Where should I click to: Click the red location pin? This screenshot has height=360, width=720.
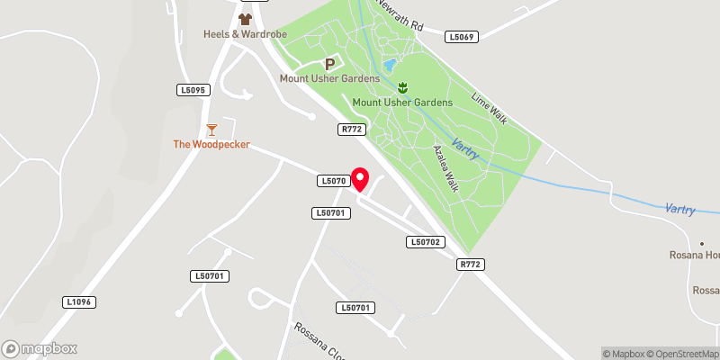click(360, 179)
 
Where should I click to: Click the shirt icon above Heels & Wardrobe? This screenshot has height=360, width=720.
click(244, 18)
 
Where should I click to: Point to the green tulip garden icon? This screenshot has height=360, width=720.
click(402, 87)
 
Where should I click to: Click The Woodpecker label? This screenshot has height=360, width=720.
click(211, 144)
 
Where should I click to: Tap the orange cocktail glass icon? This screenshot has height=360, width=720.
click(211, 130)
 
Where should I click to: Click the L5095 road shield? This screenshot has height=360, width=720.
click(193, 90)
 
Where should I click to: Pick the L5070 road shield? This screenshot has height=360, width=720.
click(333, 181)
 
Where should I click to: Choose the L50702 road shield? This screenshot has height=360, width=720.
click(425, 242)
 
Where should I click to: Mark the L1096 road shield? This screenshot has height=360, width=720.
click(79, 302)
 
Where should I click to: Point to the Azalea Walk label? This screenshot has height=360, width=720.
click(446, 167)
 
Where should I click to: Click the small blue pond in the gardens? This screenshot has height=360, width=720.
click(389, 66)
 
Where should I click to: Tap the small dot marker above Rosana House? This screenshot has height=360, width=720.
click(702, 244)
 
